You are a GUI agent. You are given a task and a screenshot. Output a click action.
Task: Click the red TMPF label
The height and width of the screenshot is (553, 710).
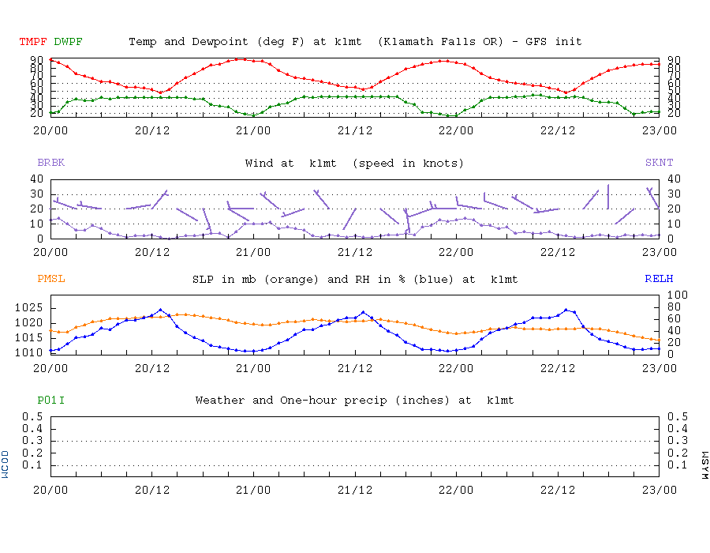[x=34, y=41]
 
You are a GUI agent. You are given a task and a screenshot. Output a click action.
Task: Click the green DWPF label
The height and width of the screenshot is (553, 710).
[x=68, y=41]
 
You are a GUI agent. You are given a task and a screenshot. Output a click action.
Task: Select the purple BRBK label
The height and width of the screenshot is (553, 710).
[x=50, y=164]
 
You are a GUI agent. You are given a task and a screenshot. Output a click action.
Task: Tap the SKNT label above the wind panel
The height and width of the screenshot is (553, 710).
[x=660, y=164]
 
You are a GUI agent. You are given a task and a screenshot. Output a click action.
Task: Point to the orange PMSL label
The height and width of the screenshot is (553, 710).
[x=50, y=279]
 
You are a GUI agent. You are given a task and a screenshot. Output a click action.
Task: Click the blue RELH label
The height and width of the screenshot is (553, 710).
[x=660, y=279]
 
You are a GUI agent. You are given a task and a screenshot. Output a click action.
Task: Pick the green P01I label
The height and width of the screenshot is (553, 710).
[x=50, y=401]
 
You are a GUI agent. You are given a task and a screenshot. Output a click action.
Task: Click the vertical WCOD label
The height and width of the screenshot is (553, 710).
[x=6, y=464]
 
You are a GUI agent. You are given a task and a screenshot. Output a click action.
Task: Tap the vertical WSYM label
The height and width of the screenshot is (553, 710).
[x=704, y=464]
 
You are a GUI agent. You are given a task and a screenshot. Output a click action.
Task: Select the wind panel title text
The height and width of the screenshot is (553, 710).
[x=354, y=164]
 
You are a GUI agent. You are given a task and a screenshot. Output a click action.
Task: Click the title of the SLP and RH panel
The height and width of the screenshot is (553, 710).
[x=355, y=280]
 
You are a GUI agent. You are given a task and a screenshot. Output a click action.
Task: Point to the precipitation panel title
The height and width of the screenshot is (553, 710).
[x=354, y=401]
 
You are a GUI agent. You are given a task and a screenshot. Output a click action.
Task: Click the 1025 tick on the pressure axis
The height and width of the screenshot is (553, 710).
[x=29, y=307]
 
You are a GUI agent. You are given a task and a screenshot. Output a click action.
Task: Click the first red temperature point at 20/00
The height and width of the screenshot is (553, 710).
[x=50, y=59]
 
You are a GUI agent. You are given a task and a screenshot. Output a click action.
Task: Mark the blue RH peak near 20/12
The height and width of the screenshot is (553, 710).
[x=161, y=310]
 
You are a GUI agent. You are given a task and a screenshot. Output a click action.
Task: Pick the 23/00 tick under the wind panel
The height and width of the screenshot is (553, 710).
[x=660, y=253]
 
